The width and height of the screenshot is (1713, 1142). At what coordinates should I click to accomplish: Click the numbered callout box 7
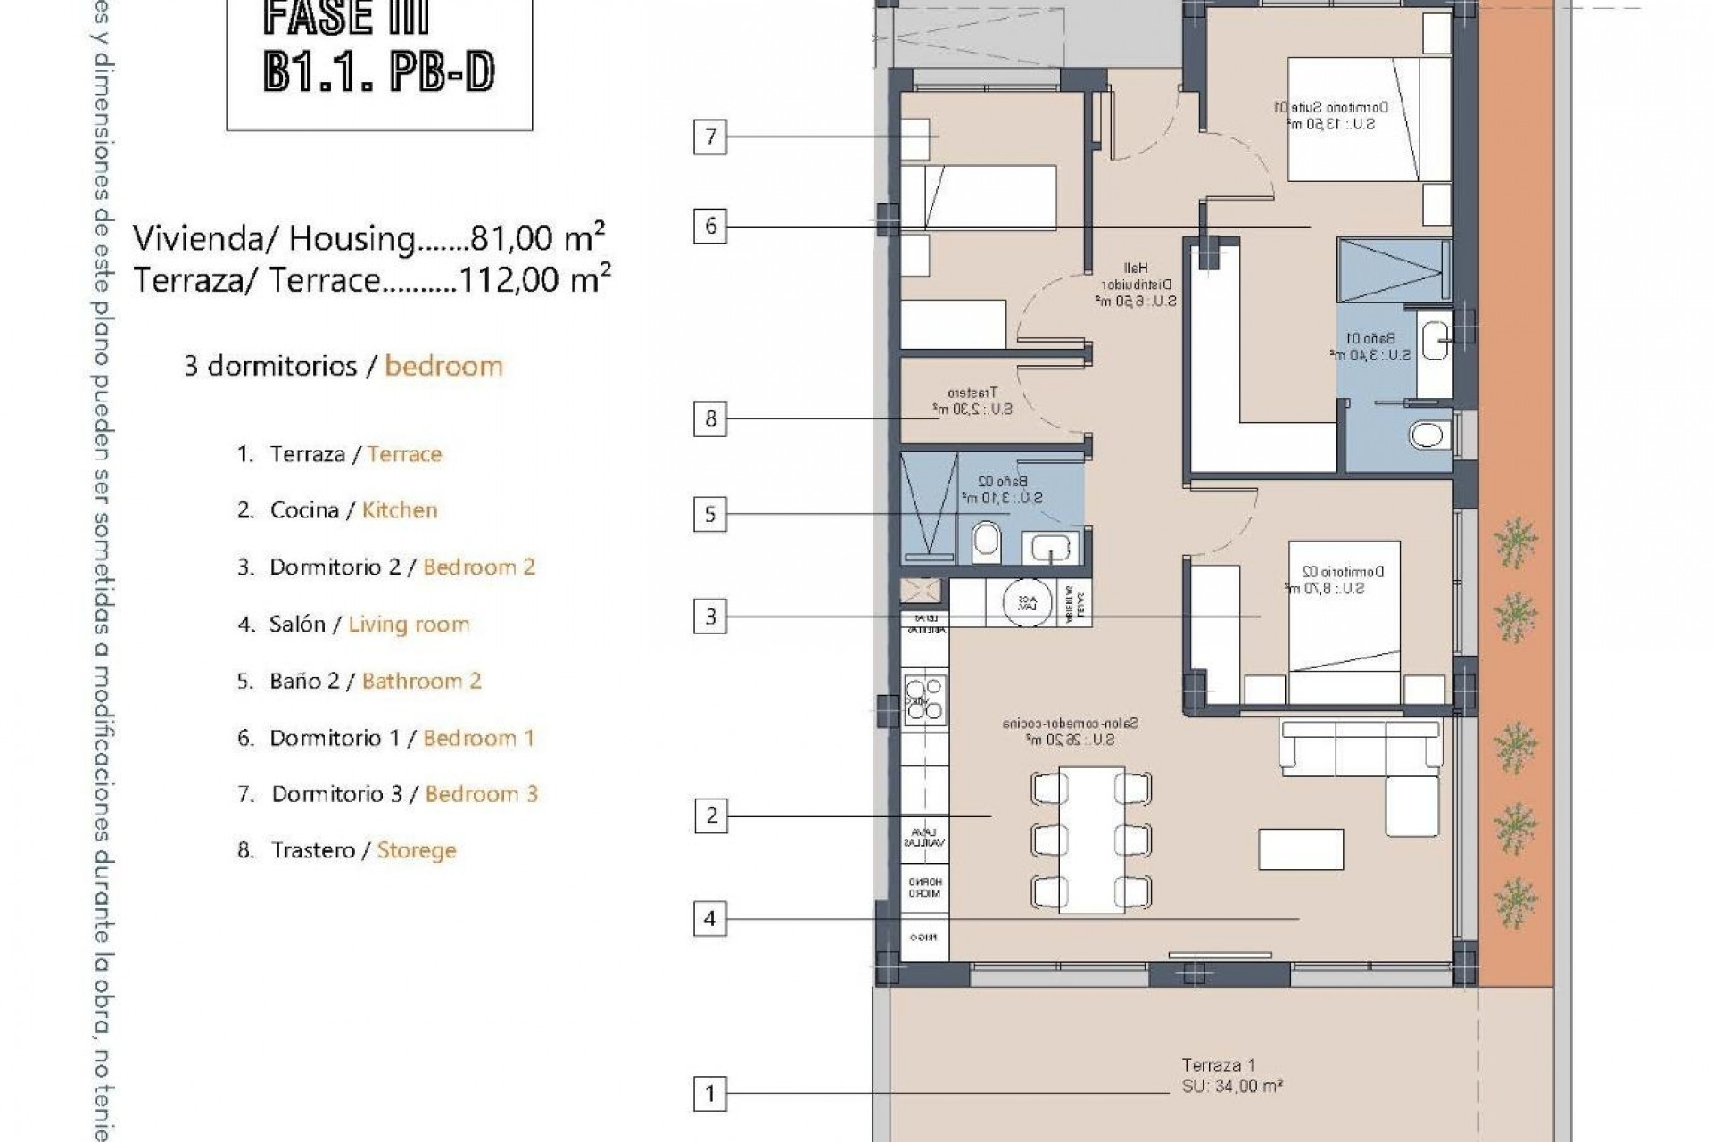click(x=710, y=137)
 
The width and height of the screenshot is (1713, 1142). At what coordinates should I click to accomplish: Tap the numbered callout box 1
click(x=710, y=1093)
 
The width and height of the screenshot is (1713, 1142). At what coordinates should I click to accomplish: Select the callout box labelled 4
click(x=710, y=918)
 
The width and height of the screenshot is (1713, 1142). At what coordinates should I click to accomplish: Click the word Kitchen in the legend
click(x=400, y=510)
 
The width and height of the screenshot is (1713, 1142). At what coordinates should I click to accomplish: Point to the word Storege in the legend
click(x=417, y=850)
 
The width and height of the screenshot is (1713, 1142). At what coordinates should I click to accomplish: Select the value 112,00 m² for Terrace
click(x=534, y=280)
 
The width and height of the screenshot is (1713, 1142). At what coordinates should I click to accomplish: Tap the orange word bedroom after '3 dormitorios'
click(x=443, y=366)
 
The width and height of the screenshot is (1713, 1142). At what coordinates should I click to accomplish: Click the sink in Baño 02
click(x=1050, y=546)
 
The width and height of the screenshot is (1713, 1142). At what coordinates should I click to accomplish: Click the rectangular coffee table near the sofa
click(x=1301, y=849)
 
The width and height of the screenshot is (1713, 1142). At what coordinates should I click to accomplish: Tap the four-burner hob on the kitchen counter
click(x=924, y=699)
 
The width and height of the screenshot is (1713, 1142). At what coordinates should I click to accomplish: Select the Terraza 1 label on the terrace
click(x=1218, y=1065)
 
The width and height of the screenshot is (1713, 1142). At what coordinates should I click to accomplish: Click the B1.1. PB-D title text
click(x=379, y=72)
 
